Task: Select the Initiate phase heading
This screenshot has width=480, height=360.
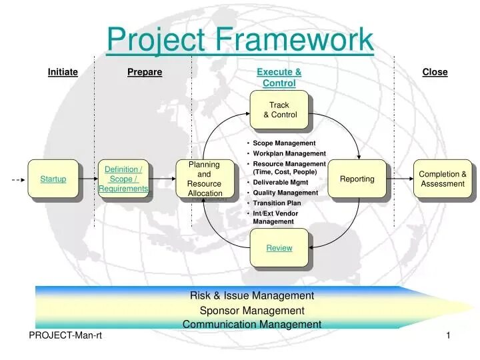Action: [63, 72]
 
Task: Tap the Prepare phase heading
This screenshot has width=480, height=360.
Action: [145, 72]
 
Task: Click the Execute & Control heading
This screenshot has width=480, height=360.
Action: [279, 77]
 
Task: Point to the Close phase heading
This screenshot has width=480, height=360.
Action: [435, 72]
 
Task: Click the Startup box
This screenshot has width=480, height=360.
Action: [53, 179]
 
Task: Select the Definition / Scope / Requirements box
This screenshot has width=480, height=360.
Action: [123, 179]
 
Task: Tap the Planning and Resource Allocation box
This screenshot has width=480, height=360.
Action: [204, 179]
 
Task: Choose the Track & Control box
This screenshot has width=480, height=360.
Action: [279, 110]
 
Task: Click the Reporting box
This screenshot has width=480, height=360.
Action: [357, 179]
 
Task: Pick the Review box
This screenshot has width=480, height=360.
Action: [279, 248]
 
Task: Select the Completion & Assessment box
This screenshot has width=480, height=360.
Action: [442, 179]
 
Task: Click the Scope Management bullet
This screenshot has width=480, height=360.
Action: [284, 143]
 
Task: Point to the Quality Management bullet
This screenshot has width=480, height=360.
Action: [285, 193]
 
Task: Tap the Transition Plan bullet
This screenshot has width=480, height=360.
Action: [277, 203]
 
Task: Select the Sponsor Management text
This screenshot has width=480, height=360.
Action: [252, 310]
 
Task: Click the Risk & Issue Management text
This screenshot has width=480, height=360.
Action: [252, 295]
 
